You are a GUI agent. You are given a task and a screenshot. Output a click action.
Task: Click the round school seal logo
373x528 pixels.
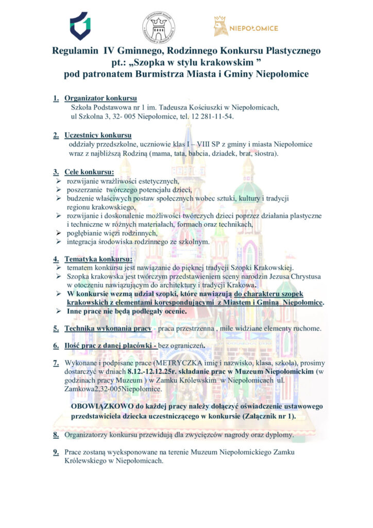(158, 27)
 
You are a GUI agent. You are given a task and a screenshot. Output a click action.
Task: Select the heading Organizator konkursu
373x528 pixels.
(100, 98)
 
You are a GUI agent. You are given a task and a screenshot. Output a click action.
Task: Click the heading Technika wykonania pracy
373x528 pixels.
(107, 328)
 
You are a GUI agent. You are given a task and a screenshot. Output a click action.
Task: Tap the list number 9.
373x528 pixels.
(55, 452)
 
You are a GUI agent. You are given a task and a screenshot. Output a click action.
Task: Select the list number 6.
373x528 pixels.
(55, 345)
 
